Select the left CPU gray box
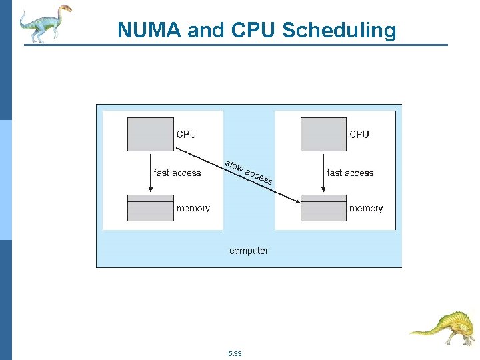click(150, 134)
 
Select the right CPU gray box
click(323, 134)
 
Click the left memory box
click(150, 208)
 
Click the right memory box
click(323, 208)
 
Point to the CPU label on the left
click(186, 134)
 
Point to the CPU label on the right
click(359, 134)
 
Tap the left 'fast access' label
click(177, 173)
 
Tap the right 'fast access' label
click(351, 173)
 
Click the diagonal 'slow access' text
click(249, 172)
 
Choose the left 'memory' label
click(193, 209)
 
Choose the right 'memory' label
click(366, 209)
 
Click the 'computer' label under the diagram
click(249, 251)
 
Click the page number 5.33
click(235, 353)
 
